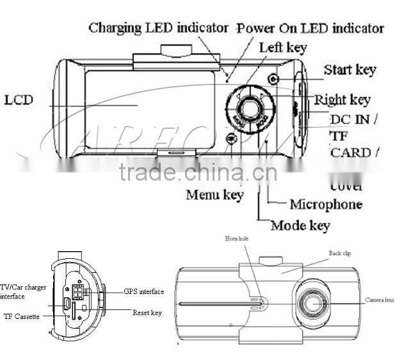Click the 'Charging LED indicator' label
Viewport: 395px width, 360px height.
pos(158,28)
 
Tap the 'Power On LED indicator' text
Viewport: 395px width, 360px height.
pos(310,28)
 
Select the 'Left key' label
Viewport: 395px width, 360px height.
pos(282,47)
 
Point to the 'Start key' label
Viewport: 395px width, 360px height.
pos(349,69)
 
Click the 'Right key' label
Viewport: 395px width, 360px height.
pos(342,100)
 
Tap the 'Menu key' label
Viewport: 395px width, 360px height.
pos(214,194)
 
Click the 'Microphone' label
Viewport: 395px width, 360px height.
pos(326,204)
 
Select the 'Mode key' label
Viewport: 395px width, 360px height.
pos(300,225)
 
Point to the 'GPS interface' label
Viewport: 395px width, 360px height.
pos(143,291)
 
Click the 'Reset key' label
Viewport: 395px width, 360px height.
pos(147,312)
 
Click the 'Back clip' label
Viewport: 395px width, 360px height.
pos(339,253)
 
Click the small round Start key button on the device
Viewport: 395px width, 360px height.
pos(273,79)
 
